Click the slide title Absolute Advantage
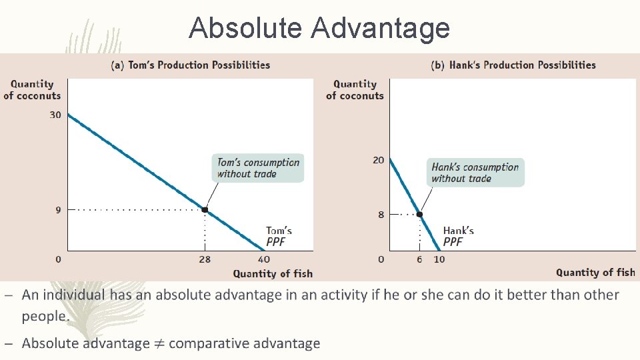click(319, 28)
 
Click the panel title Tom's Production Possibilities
click(190, 65)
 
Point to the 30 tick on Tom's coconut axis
click(55, 115)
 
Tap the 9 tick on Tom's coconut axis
click(58, 210)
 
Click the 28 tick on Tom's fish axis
click(205, 259)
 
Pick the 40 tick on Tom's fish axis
click(265, 259)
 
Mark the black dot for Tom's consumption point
click(205, 210)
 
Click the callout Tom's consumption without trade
click(259, 168)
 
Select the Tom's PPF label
click(279, 237)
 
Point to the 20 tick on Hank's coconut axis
click(378, 160)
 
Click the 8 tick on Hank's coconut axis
click(381, 215)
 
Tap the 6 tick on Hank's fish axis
click(419, 259)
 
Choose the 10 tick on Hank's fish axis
click(439, 259)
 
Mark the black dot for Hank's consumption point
click(419, 214)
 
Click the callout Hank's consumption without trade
click(475, 173)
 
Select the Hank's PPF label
click(458, 237)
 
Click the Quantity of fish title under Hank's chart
click(595, 272)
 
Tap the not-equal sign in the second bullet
click(159, 344)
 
